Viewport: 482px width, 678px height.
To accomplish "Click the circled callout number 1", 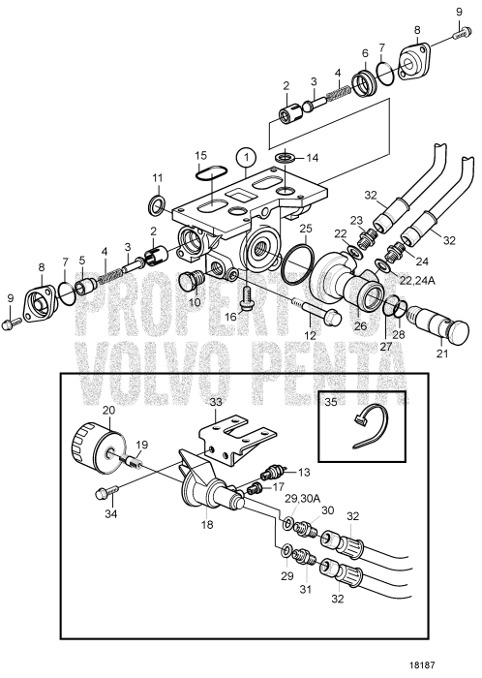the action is pyautogui.click(x=246, y=158).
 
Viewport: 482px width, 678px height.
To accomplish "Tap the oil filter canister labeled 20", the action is pyautogui.click(x=98, y=445).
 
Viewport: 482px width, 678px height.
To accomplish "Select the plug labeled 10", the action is pyautogui.click(x=195, y=279).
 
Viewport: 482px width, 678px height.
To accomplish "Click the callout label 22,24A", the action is pyautogui.click(x=417, y=281).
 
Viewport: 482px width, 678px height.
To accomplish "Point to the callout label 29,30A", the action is pyautogui.click(x=302, y=498).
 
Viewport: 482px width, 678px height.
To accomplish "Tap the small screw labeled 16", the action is pyautogui.click(x=247, y=298).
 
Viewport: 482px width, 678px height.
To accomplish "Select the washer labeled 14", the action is pyautogui.click(x=286, y=157).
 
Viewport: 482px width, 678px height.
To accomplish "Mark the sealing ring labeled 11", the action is pyautogui.click(x=157, y=205).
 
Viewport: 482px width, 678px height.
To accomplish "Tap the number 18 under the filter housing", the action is pyautogui.click(x=207, y=525).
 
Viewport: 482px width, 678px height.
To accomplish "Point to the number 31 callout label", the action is pyautogui.click(x=307, y=589).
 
